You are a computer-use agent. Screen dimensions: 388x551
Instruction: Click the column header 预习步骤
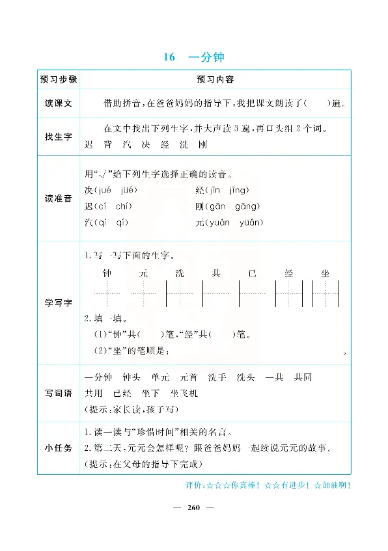[59, 79]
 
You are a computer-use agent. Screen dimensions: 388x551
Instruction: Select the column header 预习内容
[215, 79]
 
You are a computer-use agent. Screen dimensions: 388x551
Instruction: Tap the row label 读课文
[59, 104]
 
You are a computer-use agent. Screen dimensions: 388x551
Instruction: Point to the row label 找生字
[59, 136]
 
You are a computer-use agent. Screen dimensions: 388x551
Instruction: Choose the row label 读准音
[59, 198]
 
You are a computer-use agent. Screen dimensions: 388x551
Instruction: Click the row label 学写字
[59, 303]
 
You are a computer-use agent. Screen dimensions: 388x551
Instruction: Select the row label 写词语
[59, 393]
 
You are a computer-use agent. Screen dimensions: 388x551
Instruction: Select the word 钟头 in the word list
[132, 378]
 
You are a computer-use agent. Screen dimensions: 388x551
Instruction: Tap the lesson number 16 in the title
[170, 57]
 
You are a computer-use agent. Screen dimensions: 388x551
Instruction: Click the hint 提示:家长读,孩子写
[130, 409]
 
